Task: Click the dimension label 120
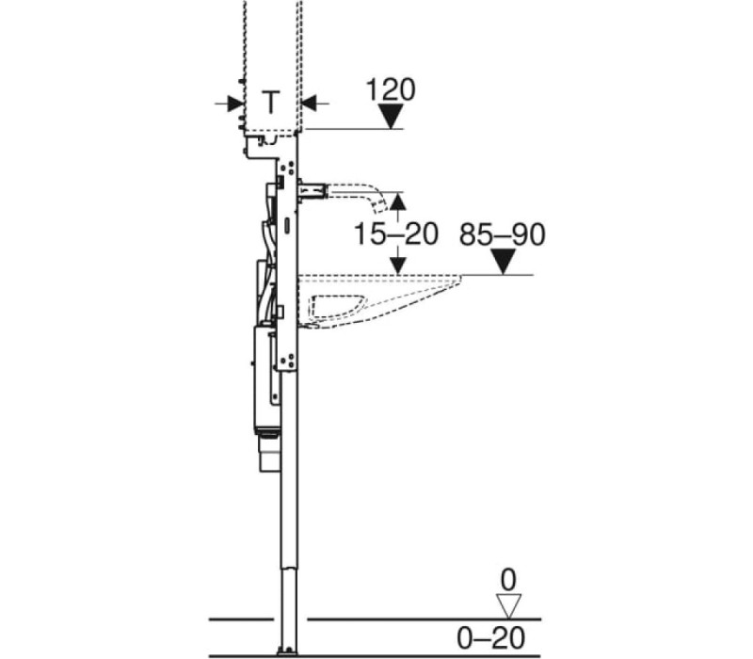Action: (x=391, y=89)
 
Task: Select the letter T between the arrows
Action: (x=271, y=102)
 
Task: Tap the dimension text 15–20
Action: (x=395, y=233)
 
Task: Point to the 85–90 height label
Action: (x=503, y=234)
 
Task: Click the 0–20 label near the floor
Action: (x=490, y=638)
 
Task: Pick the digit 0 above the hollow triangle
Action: (x=508, y=580)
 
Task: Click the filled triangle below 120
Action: (x=391, y=117)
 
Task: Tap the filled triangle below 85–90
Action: (x=503, y=263)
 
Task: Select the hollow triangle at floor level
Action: (x=508, y=606)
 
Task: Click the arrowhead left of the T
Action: (x=235, y=103)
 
